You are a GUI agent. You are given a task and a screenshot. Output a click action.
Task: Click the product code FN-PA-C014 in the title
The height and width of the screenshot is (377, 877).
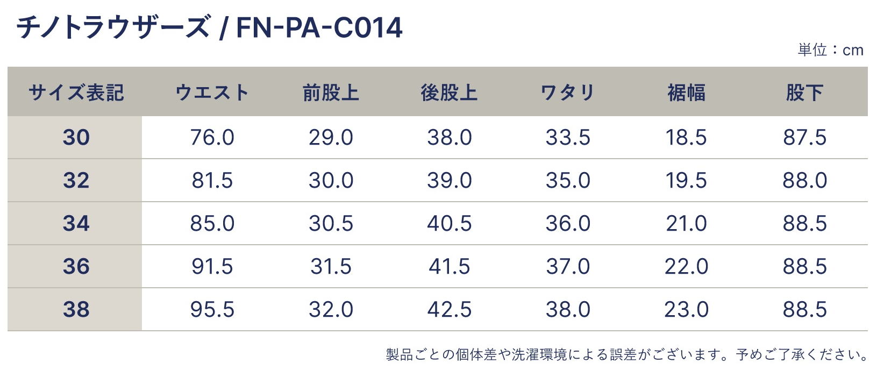click(319, 27)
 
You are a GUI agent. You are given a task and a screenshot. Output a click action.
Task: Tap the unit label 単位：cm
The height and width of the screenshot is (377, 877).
click(830, 50)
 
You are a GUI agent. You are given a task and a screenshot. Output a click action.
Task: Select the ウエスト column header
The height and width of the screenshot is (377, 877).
click(212, 93)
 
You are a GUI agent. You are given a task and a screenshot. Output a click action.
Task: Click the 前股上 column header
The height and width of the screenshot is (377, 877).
click(331, 93)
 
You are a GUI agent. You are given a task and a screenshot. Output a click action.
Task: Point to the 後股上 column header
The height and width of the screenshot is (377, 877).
click(450, 93)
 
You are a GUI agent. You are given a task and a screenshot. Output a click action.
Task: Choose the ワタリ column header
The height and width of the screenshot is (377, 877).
click(568, 93)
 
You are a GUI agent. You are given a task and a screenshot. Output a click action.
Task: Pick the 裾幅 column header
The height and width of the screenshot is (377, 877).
click(686, 93)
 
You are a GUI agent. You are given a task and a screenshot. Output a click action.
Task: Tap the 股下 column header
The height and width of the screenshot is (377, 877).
click(804, 93)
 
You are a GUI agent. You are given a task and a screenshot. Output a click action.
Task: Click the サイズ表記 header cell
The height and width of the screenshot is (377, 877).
click(76, 93)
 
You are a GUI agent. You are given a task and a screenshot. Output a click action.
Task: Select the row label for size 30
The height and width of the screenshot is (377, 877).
click(76, 138)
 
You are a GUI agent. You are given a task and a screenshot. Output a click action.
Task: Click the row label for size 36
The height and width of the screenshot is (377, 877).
click(76, 267)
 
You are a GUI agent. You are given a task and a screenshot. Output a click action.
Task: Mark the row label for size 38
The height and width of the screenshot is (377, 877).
click(76, 310)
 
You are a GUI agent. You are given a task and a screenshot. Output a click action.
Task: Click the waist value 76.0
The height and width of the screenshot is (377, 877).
click(212, 138)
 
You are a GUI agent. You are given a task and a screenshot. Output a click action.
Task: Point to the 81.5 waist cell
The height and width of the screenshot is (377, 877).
click(212, 181)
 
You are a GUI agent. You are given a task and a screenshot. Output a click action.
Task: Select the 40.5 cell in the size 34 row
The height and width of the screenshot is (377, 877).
click(450, 224)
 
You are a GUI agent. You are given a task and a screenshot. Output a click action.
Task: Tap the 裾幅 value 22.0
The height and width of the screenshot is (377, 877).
click(686, 267)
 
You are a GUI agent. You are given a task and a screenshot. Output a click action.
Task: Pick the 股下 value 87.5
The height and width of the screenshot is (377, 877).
click(804, 138)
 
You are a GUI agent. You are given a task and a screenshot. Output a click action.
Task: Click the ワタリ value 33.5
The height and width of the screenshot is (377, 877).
click(568, 138)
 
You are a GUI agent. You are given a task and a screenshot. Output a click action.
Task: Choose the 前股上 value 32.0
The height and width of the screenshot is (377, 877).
click(331, 310)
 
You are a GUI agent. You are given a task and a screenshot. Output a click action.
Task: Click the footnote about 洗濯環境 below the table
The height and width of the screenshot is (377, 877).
click(627, 355)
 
